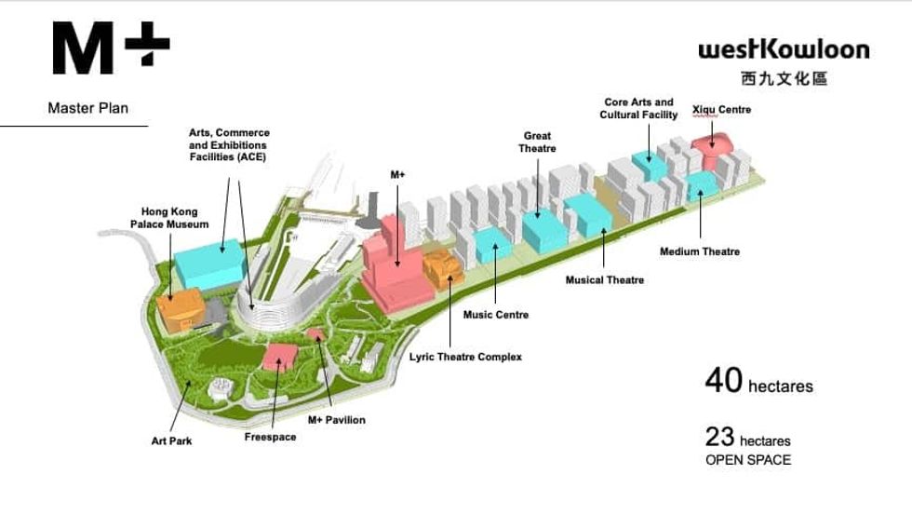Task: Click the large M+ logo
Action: (x=111, y=49)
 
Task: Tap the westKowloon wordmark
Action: (x=784, y=49)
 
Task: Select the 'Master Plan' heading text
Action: (x=87, y=108)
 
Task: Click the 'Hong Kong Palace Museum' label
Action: (x=168, y=218)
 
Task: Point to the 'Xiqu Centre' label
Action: (x=721, y=110)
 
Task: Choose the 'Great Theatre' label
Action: (x=537, y=142)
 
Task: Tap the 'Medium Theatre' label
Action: (x=700, y=251)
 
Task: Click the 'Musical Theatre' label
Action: (x=605, y=280)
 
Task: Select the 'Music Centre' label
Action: (x=496, y=315)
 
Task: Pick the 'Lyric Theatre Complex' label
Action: (x=465, y=357)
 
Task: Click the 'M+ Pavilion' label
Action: (x=336, y=420)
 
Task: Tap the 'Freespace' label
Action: (x=270, y=437)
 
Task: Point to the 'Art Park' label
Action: (x=171, y=440)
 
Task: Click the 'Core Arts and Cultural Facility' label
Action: (x=638, y=108)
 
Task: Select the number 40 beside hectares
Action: (x=723, y=380)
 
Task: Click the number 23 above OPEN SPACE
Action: (x=719, y=436)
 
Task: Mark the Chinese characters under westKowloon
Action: (x=784, y=79)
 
